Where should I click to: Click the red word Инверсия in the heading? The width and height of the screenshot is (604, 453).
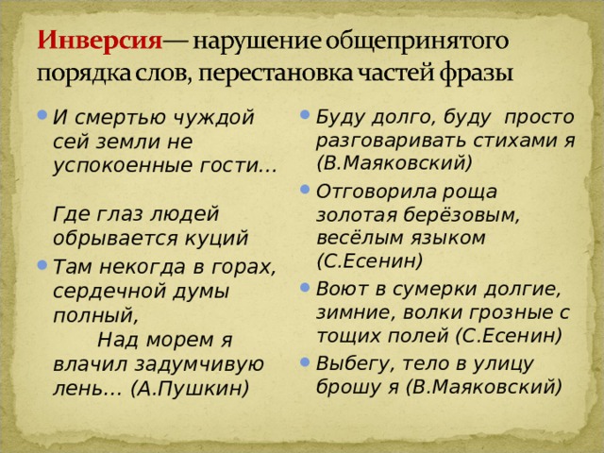point(99,41)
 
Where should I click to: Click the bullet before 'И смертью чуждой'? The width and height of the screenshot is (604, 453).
point(42,114)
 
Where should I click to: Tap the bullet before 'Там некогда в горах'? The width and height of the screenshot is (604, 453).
point(42,264)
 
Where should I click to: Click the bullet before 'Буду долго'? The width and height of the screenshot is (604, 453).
point(305,114)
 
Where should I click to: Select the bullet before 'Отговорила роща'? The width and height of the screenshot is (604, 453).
point(305,189)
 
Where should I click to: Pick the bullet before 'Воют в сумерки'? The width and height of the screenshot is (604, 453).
point(305,287)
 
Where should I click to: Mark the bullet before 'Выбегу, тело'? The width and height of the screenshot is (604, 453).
point(305,361)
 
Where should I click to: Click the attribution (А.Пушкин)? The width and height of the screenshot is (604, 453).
point(190,389)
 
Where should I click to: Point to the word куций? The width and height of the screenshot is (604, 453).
point(216,239)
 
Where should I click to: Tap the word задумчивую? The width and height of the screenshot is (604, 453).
point(199,364)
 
